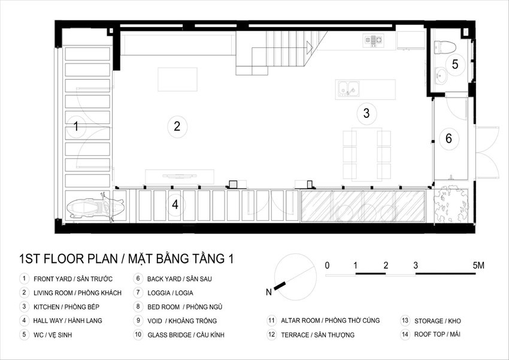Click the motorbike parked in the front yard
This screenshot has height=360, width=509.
click(x=96, y=207)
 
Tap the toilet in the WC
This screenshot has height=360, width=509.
click(x=445, y=47)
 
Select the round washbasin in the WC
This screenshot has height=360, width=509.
click(x=441, y=76)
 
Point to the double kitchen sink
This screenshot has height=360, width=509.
click(x=349, y=89)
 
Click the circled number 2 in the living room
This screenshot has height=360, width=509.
click(x=177, y=126)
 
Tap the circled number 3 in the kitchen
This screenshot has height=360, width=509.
click(x=366, y=113)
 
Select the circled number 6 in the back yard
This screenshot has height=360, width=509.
click(x=449, y=138)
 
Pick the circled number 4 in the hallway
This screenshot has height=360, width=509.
click(x=175, y=204)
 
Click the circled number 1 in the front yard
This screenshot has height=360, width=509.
click(x=76, y=126)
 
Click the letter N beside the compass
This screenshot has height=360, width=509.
click(x=269, y=292)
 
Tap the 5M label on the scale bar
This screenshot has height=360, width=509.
click(x=478, y=265)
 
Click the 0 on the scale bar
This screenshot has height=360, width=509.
click(x=327, y=265)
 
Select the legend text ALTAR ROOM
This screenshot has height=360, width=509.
click(x=300, y=320)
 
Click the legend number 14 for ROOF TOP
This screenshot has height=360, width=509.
click(x=405, y=334)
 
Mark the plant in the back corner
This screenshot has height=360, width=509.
click(x=452, y=204)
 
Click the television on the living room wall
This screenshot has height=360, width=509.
click(x=180, y=176)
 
